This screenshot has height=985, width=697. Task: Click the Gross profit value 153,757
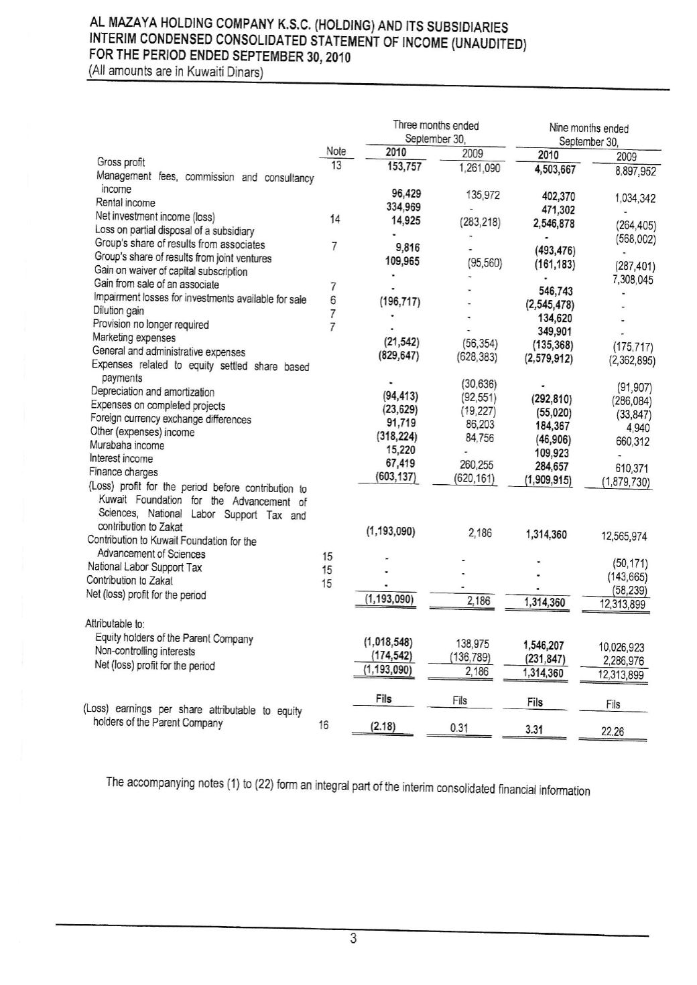[x=400, y=167]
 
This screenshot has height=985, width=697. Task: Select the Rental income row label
[x=125, y=202]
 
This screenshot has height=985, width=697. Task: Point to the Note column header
[x=335, y=152]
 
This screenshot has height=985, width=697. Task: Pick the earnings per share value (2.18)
[x=383, y=727]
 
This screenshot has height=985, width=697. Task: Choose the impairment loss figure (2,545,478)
[x=548, y=305]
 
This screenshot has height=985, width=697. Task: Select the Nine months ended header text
[x=588, y=129]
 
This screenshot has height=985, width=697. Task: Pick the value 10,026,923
[x=620, y=647]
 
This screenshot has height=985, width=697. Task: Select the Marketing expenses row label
[x=133, y=338]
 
